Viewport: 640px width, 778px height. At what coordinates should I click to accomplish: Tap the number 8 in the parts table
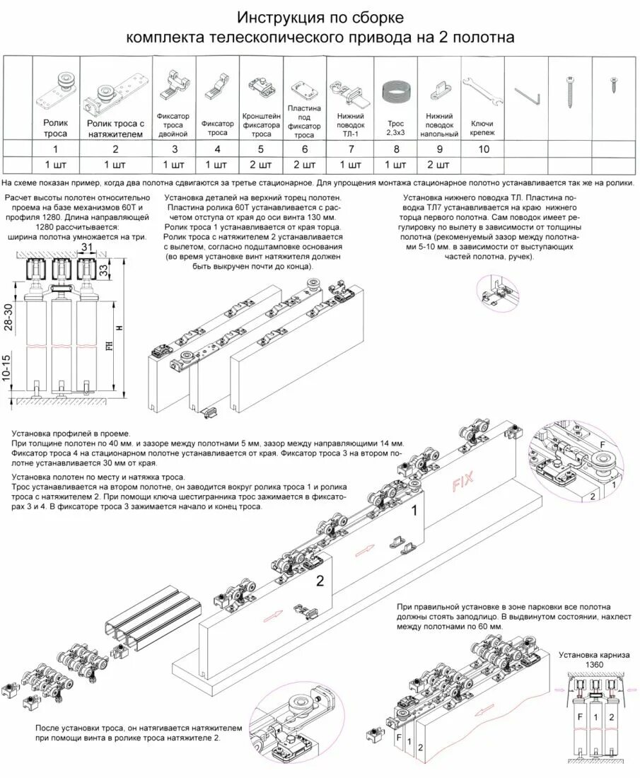point(396,149)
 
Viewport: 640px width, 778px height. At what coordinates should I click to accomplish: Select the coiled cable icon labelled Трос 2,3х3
point(395,93)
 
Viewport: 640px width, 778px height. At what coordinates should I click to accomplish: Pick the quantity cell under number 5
point(261,165)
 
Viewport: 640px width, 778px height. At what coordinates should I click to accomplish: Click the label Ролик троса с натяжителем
point(115,128)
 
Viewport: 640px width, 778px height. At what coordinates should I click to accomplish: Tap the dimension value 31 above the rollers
point(87,247)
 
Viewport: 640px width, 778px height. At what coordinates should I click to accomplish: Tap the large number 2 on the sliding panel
point(319,581)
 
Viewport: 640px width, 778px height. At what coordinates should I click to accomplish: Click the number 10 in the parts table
point(483,149)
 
